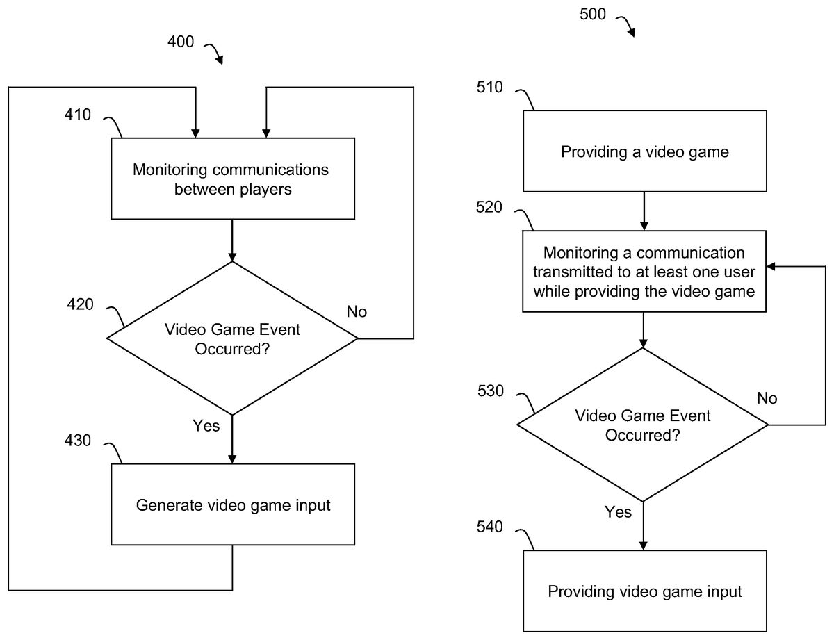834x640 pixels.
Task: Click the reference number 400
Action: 181,42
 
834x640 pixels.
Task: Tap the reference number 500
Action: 593,13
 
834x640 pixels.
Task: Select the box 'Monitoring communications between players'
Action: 233,179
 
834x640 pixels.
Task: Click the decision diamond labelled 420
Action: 232,338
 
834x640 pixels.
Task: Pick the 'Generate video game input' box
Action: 233,505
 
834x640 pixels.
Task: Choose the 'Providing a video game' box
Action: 644,151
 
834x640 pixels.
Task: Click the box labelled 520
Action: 644,272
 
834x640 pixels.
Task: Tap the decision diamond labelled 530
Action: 642,425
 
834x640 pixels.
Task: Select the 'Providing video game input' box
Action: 644,591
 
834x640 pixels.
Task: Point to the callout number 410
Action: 78,114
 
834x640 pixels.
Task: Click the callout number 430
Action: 78,441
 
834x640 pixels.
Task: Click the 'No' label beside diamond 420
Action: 357,311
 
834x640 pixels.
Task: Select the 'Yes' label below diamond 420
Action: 206,426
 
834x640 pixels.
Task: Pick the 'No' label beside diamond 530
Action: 767,398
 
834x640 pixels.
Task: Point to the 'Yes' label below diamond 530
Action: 618,512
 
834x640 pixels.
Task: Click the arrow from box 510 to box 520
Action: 644,211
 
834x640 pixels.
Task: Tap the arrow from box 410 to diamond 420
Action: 232,240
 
